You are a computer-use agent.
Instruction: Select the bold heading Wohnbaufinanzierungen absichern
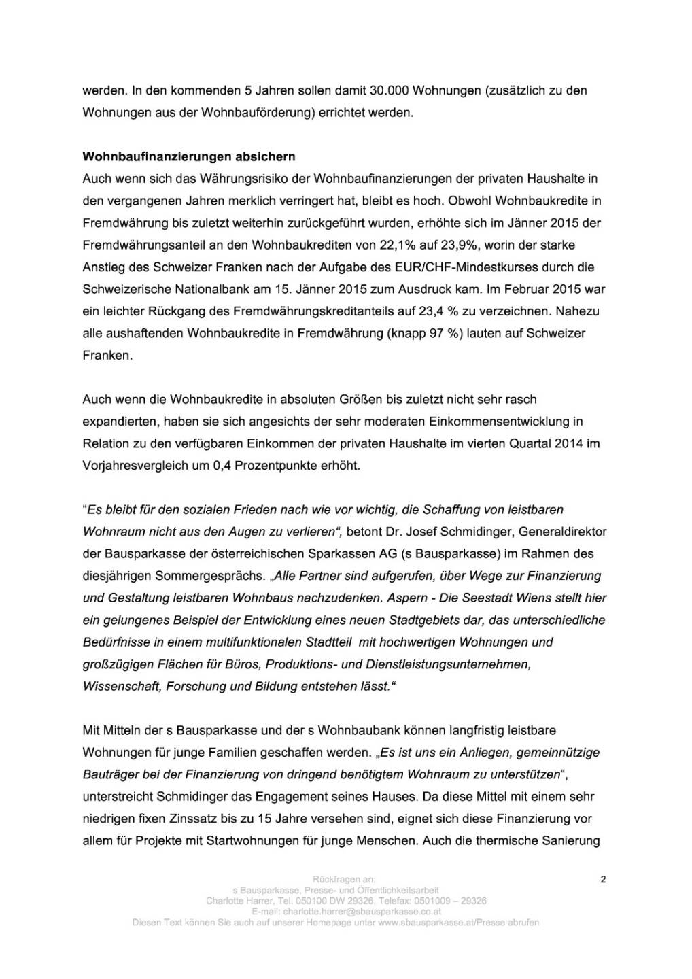coord(189,156)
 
